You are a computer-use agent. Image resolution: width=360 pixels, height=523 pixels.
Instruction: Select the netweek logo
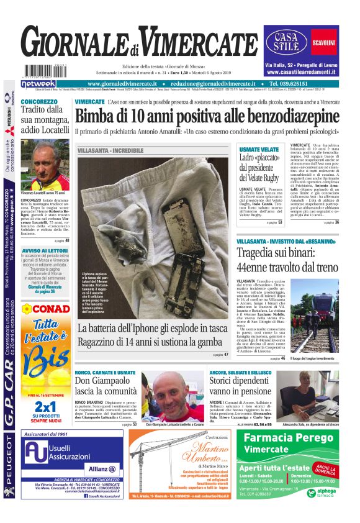38,84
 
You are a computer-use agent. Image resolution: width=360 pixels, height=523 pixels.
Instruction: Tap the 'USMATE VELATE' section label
259,150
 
